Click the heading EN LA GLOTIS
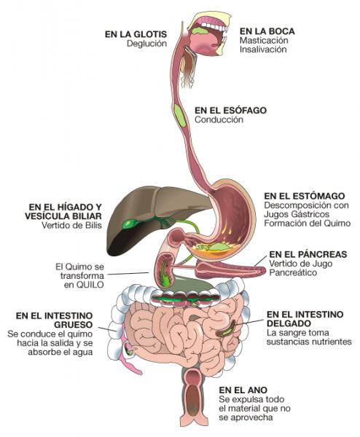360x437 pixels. (136, 34)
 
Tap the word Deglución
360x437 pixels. (147, 44)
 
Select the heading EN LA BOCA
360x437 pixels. (267, 31)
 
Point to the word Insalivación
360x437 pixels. (263, 50)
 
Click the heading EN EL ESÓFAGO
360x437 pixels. (230, 111)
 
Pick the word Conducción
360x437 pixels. (219, 119)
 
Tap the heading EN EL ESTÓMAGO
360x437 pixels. (305, 196)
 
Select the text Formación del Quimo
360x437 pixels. (308, 224)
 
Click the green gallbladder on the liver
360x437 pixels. (130, 224)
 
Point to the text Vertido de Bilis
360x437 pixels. (71, 225)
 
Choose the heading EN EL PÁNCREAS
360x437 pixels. (308, 254)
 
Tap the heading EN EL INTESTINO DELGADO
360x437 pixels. (305, 319)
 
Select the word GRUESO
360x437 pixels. (73, 325)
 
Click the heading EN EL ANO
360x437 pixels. (243, 390)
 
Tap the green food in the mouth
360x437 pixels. (200, 31)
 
